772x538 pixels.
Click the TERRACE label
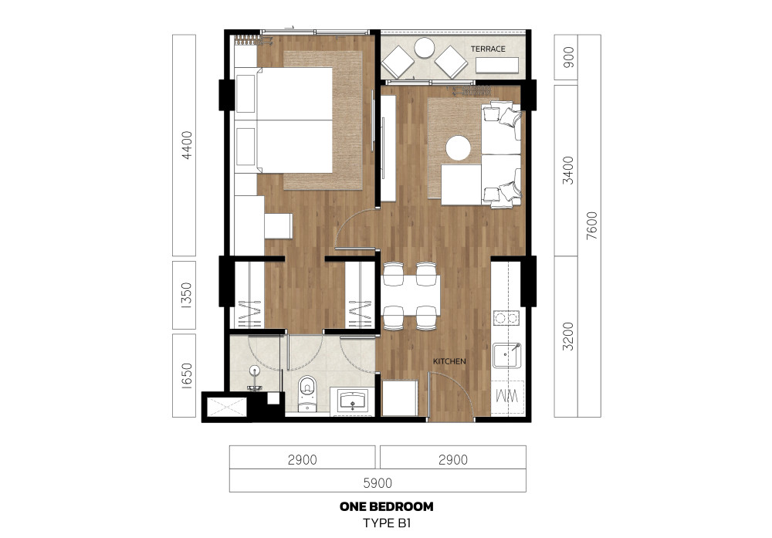[487, 49]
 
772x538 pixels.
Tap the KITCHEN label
[449, 361]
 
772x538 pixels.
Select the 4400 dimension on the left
[187, 145]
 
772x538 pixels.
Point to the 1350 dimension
[187, 296]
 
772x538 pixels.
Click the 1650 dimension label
[187, 376]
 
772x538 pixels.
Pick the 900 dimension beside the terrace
[569, 57]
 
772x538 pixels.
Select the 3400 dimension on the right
[568, 171]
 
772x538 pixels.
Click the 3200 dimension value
[568, 337]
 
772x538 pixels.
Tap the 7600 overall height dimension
[592, 225]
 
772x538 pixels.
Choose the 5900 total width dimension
[378, 483]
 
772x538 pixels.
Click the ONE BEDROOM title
[387, 506]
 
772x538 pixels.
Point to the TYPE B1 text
[387, 523]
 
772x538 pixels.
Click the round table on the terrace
[424, 48]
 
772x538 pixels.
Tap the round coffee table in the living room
[459, 147]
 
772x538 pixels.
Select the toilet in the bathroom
[308, 393]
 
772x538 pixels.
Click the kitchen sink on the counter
[506, 356]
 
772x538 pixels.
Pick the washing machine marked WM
[507, 397]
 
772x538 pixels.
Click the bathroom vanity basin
[353, 401]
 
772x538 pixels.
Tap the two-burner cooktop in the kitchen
[506, 318]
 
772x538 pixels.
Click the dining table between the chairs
[411, 296]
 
